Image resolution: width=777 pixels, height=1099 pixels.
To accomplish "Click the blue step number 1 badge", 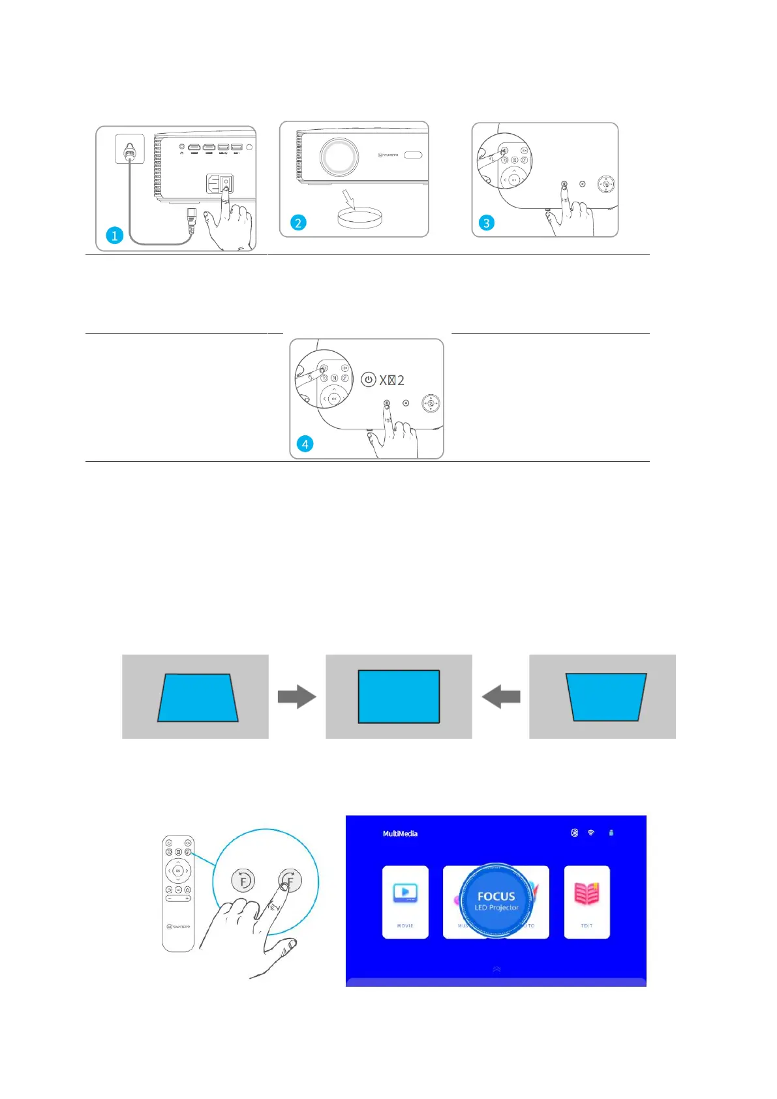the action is [x=115, y=235].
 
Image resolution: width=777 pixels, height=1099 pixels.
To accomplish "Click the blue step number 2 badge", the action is [x=298, y=223].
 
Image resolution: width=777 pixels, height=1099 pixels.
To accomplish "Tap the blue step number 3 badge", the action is [x=486, y=223].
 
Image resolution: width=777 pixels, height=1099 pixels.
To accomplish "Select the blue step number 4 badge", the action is [x=305, y=444].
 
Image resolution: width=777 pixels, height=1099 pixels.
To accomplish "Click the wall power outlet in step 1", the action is [x=130, y=149].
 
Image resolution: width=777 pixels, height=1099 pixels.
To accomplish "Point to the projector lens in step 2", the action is [x=338, y=157].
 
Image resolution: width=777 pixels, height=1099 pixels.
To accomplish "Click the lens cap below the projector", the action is [x=359, y=217].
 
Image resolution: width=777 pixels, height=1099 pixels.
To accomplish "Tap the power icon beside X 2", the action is [x=369, y=380].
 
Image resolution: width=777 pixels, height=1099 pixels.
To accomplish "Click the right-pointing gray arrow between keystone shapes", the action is [x=297, y=697].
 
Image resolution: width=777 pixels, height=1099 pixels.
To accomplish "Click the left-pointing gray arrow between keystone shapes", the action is [x=501, y=697].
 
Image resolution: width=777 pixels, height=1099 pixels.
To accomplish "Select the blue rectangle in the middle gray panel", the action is [x=399, y=696].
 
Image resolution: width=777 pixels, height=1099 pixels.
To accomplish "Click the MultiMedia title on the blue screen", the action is [x=400, y=833].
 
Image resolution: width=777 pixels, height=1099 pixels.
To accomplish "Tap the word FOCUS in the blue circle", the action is [x=496, y=897].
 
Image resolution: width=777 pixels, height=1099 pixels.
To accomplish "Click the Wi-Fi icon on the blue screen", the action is [x=591, y=833].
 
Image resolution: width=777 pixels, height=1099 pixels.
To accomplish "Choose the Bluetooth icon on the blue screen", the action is [x=574, y=833].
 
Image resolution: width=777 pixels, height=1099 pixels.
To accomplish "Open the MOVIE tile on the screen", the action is [x=405, y=902].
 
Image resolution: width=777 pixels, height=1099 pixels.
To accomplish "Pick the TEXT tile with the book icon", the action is [x=587, y=902].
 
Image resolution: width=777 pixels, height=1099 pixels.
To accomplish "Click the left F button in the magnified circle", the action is [x=243, y=881].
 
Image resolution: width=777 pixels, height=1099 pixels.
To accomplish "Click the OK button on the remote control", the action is [x=177, y=871].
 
